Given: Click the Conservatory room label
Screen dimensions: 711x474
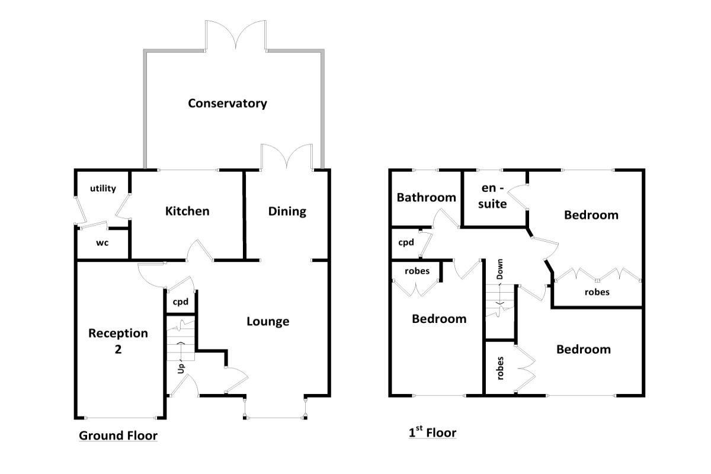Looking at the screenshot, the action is pyautogui.click(x=228, y=103).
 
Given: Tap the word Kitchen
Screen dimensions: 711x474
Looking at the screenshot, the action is pyautogui.click(x=187, y=211).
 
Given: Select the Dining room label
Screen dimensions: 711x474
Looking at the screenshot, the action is pyautogui.click(x=287, y=212).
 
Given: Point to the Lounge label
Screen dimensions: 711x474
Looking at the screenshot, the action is pyautogui.click(x=268, y=321).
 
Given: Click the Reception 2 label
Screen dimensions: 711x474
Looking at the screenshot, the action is pyautogui.click(x=118, y=341).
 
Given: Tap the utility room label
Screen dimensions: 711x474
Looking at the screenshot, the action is pyautogui.click(x=103, y=188).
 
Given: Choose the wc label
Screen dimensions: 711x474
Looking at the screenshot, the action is pyautogui.click(x=102, y=243).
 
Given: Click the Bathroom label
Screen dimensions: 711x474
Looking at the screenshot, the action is pyautogui.click(x=426, y=197).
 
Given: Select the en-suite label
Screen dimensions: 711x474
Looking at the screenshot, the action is pyautogui.click(x=492, y=196).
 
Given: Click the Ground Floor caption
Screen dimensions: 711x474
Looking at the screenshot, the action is pyautogui.click(x=118, y=435).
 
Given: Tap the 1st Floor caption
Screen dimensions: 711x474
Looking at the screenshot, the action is pyautogui.click(x=433, y=432).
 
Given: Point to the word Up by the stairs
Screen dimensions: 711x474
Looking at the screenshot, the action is pyautogui.click(x=181, y=369).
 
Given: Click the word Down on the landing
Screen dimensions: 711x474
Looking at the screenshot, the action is pyautogui.click(x=499, y=269).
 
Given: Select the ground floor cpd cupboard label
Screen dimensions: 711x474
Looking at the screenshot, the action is pyautogui.click(x=180, y=302).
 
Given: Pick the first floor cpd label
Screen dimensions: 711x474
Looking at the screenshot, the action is pyautogui.click(x=406, y=242).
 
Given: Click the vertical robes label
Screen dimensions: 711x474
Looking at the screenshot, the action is pyautogui.click(x=500, y=369).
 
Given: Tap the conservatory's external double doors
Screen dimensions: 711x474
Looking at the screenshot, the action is pyautogui.click(x=236, y=35).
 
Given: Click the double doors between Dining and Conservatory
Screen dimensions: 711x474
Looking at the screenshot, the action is pyautogui.click(x=287, y=156).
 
